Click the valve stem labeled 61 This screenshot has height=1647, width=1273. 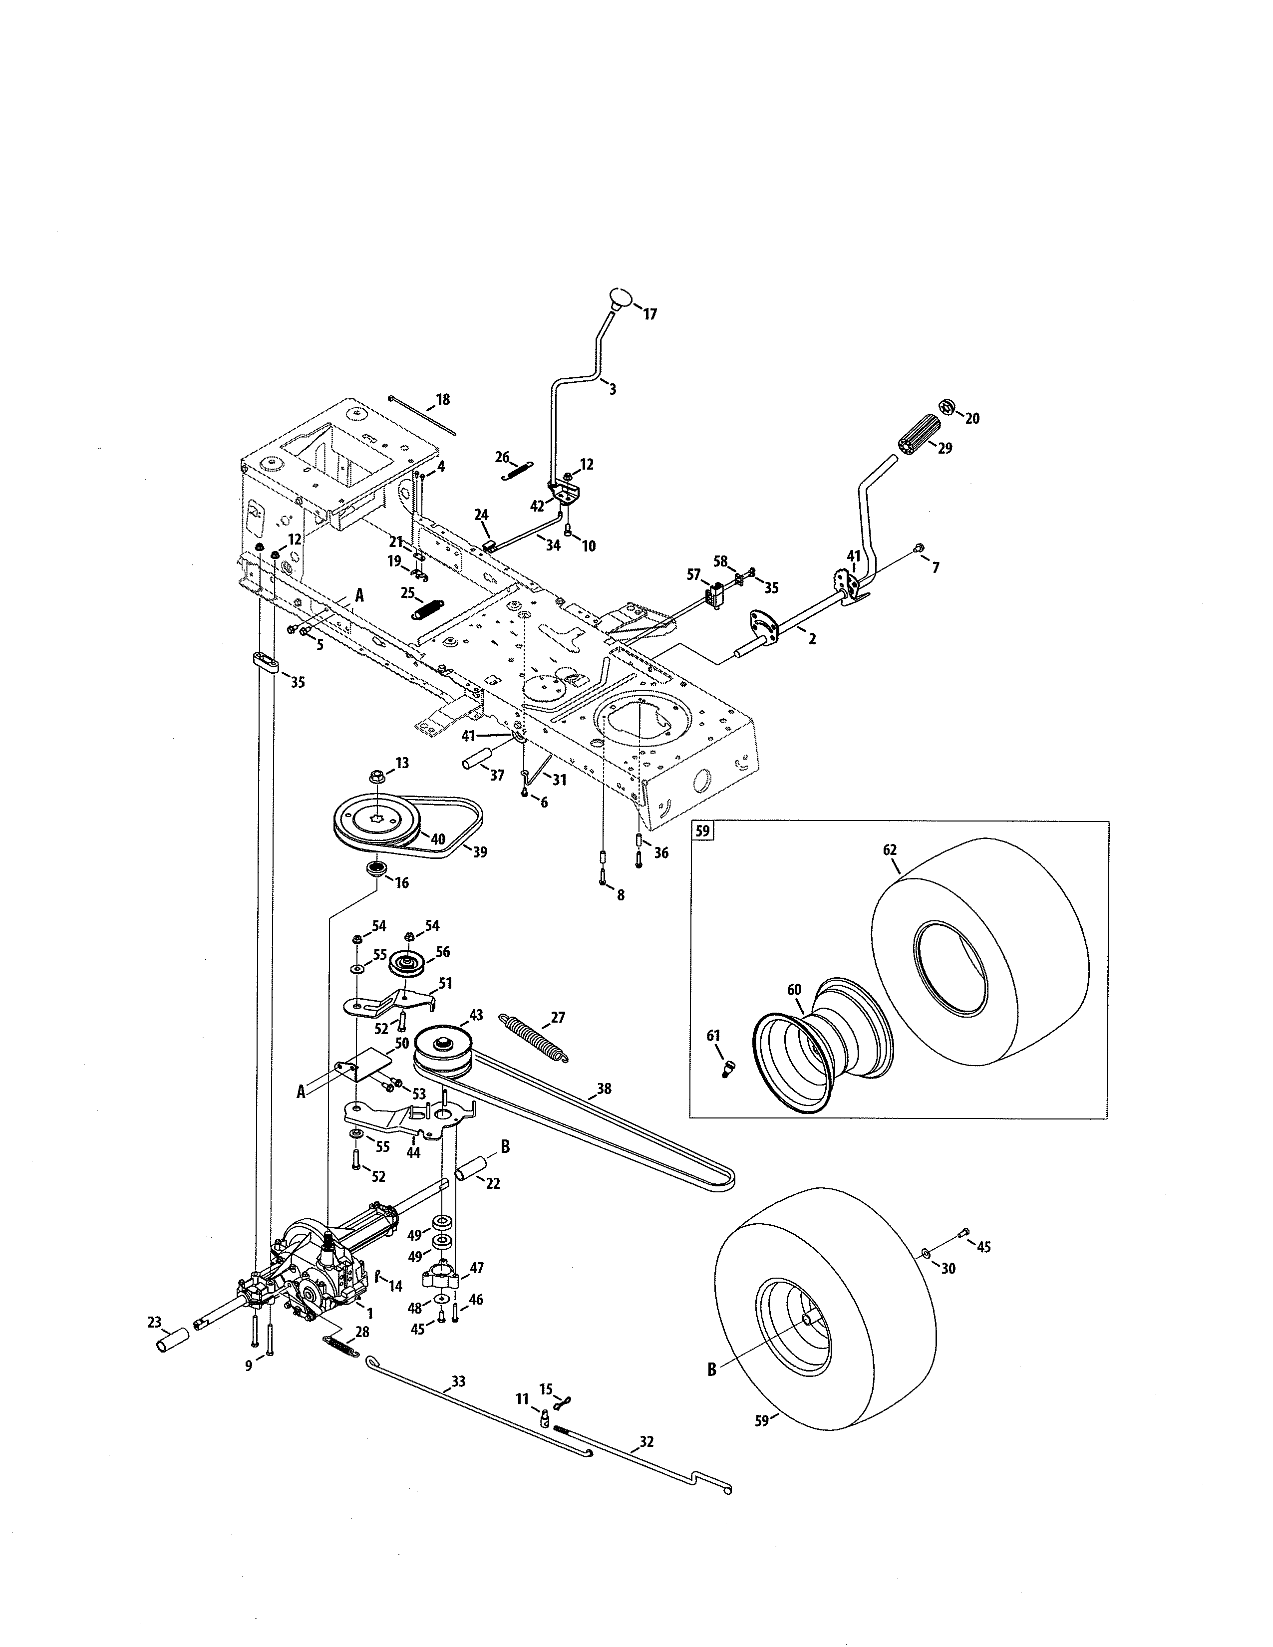[x=728, y=1068]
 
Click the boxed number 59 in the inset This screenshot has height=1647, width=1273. [x=702, y=832]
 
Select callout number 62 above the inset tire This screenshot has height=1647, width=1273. [x=890, y=850]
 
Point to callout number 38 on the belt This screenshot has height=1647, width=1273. [x=604, y=1089]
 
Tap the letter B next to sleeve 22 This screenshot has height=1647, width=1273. [x=505, y=1146]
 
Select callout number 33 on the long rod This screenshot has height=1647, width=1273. [x=458, y=1381]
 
